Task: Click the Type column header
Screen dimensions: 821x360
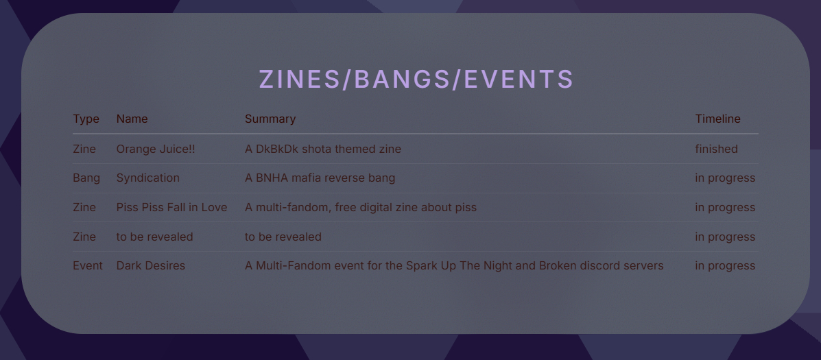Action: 86,119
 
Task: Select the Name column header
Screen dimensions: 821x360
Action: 132,119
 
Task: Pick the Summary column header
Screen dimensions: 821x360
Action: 270,119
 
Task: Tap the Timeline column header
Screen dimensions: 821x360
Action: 718,119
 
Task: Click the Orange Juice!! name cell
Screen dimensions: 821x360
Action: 156,149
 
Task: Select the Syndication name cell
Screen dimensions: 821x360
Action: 147,178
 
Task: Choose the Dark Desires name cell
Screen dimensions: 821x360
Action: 151,266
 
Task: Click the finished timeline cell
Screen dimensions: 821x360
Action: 716,149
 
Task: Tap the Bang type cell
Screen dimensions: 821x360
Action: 86,178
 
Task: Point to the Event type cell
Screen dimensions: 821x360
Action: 88,266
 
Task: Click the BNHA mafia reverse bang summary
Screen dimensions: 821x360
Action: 320,178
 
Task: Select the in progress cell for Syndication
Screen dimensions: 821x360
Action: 725,178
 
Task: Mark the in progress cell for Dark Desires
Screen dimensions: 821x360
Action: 725,266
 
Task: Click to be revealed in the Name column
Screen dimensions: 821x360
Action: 154,237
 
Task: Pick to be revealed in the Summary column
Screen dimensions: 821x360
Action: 283,237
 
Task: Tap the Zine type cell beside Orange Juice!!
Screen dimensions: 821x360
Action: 84,149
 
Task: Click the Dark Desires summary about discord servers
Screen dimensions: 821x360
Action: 455,266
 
